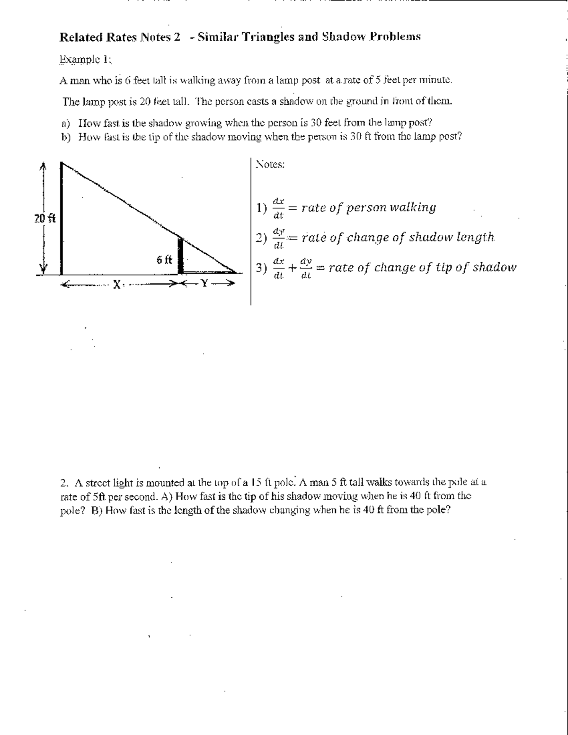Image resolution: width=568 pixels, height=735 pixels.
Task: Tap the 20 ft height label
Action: pyautogui.click(x=44, y=219)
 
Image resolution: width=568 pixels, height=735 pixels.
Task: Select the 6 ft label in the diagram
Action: pyautogui.click(x=164, y=260)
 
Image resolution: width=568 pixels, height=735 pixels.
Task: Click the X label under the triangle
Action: pyautogui.click(x=115, y=284)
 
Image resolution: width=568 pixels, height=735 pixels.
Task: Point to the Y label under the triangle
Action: pyautogui.click(x=204, y=284)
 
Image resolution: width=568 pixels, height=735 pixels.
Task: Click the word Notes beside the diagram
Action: pyautogui.click(x=269, y=165)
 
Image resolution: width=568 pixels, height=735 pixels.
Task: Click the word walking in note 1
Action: pyautogui.click(x=412, y=207)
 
